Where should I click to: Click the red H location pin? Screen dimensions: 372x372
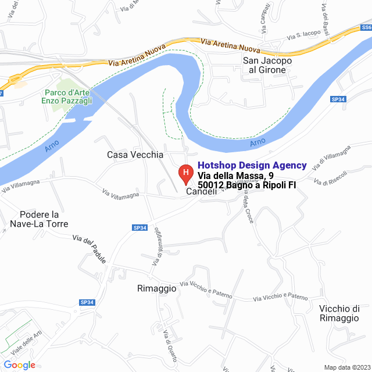(x=185, y=173)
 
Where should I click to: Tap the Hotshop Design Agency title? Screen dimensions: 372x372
(x=252, y=166)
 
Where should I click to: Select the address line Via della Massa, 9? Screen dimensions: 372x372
(x=235, y=176)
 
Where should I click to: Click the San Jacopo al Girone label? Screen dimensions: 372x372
(x=267, y=65)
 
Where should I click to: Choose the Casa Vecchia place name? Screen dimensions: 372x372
(x=135, y=155)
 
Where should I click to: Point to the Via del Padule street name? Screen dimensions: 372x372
(x=90, y=249)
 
